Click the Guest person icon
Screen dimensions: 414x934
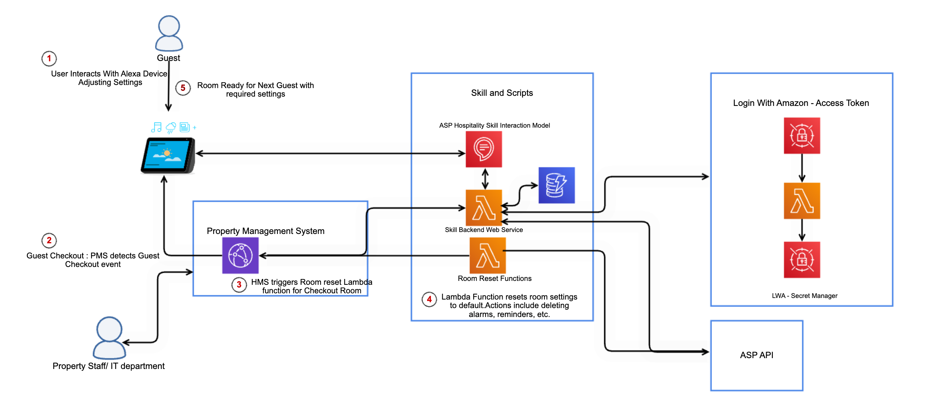pyautogui.click(x=169, y=33)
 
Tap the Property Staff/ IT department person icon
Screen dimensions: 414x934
pyautogui.click(x=109, y=338)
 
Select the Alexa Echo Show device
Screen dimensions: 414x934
pyautogui.click(x=168, y=155)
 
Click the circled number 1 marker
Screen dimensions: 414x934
pyautogui.click(x=49, y=59)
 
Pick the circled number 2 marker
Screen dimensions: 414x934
pyautogui.click(x=49, y=241)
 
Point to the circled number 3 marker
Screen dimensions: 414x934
pyautogui.click(x=239, y=285)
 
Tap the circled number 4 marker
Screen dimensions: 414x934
pyautogui.click(x=429, y=300)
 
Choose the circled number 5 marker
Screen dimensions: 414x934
pyautogui.click(x=183, y=88)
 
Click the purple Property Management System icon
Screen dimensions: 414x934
pyautogui.click(x=240, y=255)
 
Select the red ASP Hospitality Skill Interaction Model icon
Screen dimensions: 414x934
pyautogui.click(x=484, y=149)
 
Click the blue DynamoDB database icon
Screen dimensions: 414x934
pyautogui.click(x=557, y=185)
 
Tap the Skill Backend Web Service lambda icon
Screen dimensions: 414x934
pyautogui.click(x=484, y=208)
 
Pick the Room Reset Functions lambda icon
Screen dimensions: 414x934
pyautogui.click(x=488, y=256)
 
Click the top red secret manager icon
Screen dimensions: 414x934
pyautogui.click(x=802, y=136)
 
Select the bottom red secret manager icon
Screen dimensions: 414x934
pyautogui.click(x=802, y=260)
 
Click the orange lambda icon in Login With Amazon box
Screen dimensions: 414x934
pyautogui.click(x=802, y=201)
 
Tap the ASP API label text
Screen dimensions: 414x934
pyautogui.click(x=757, y=355)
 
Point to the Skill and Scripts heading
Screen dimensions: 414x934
pyautogui.click(x=502, y=93)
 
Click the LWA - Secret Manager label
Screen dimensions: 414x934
pyautogui.click(x=805, y=296)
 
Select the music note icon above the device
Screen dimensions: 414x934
pyautogui.click(x=157, y=127)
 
